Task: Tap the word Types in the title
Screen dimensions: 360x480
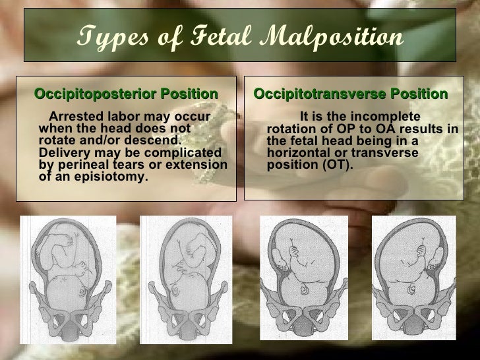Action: pyautogui.click(x=105, y=38)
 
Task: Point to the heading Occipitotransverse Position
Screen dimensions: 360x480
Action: pyautogui.click(x=350, y=94)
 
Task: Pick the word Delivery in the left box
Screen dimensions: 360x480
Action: pyautogui.click(x=65, y=153)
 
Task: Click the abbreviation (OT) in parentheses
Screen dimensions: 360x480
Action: pyautogui.click(x=338, y=164)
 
